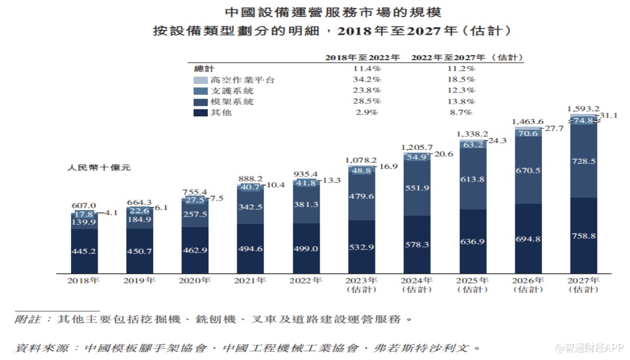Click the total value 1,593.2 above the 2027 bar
click(x=584, y=108)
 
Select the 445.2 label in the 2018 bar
click(x=84, y=251)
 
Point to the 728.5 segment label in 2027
click(x=584, y=161)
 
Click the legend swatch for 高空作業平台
click(x=200, y=80)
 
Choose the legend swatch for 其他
click(x=200, y=112)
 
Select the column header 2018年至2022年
click(x=363, y=57)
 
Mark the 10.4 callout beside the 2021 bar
click(x=277, y=185)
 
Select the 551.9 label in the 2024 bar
click(x=417, y=188)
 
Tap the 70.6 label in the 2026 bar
click(x=528, y=133)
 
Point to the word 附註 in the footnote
click(x=27, y=319)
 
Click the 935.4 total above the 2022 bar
click(x=306, y=173)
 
